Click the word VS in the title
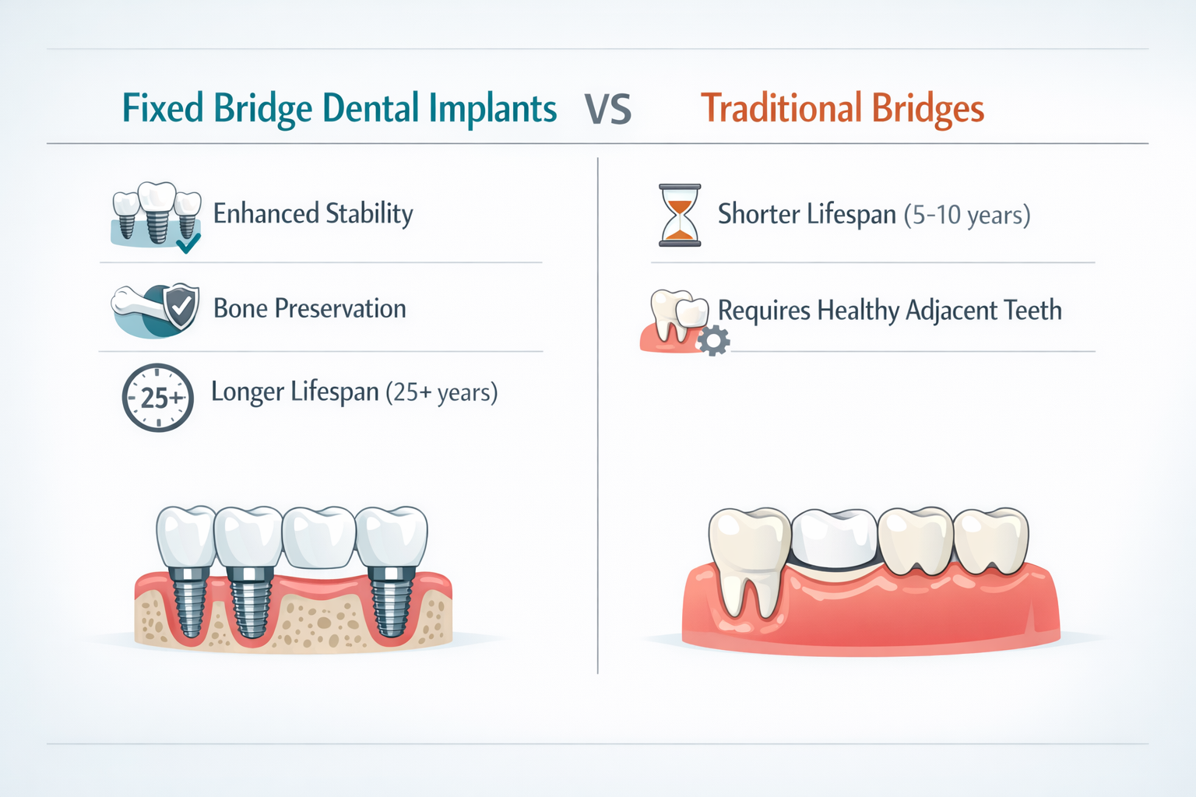608,109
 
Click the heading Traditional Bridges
842,108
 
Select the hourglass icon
680,216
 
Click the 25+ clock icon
158,398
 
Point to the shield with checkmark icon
181,307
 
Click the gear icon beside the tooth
713,341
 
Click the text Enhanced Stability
313,214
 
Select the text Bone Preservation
309,309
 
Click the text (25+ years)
441,392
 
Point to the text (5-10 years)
967,215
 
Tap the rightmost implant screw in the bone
391,603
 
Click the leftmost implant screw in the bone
189,603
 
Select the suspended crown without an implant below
319,537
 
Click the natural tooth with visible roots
748,556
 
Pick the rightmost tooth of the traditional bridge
990,541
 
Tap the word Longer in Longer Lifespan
247,392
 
